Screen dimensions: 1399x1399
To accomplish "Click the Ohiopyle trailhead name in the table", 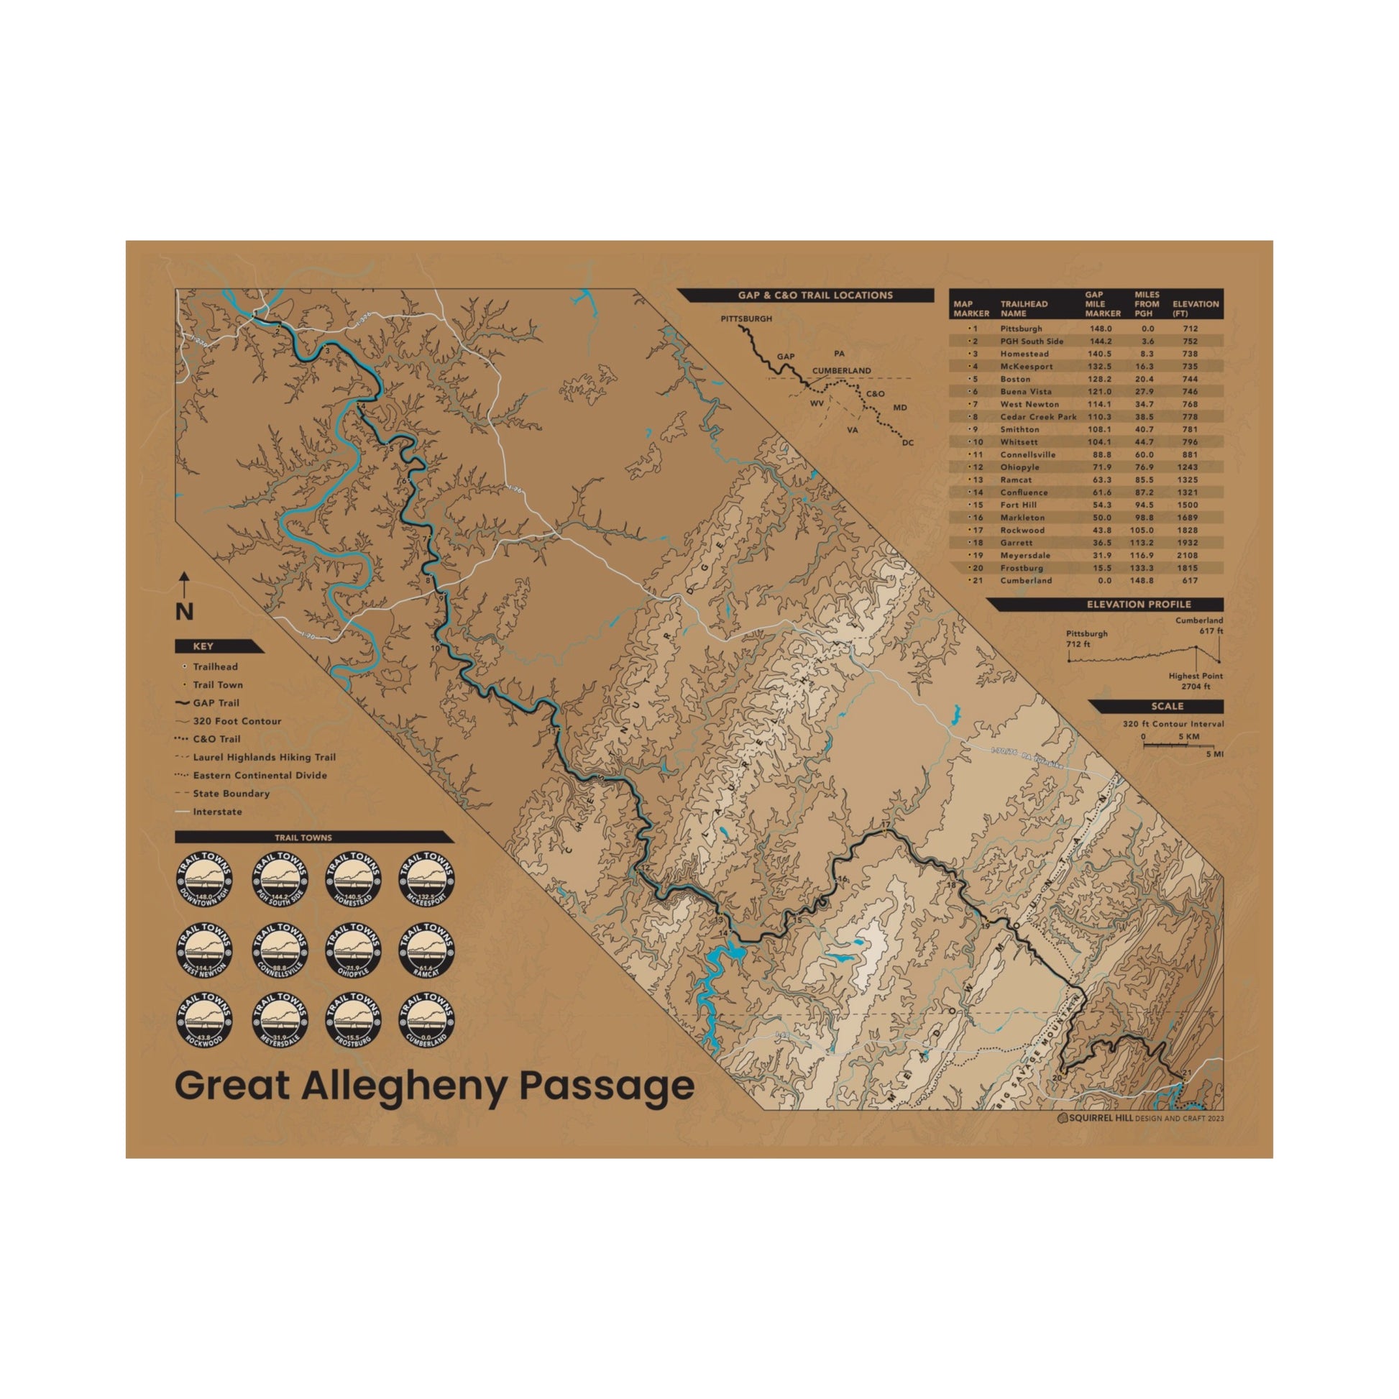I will tap(1019, 467).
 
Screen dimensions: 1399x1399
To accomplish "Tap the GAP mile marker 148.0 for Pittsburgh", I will tap(1100, 329).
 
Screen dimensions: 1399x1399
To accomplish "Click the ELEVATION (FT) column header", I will tap(1196, 308).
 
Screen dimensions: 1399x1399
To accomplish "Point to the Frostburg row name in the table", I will tap(1022, 569).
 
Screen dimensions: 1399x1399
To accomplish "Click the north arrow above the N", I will tap(185, 582).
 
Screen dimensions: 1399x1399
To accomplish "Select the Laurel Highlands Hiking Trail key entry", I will tap(264, 758).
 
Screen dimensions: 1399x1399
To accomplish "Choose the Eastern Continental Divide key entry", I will tap(260, 776).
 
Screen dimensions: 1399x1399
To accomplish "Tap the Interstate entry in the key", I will tap(217, 812).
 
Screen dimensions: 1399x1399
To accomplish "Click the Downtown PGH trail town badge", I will tap(204, 880).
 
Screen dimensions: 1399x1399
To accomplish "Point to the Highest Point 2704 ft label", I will tap(1196, 681).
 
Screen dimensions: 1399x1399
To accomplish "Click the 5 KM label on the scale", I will tap(1188, 737).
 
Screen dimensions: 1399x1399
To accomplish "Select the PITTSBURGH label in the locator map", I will tap(746, 318).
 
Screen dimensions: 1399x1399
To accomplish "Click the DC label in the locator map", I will tap(908, 442).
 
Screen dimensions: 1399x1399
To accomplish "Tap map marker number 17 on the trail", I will tap(885, 825).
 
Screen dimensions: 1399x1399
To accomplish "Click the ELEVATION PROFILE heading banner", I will tap(1138, 605).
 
